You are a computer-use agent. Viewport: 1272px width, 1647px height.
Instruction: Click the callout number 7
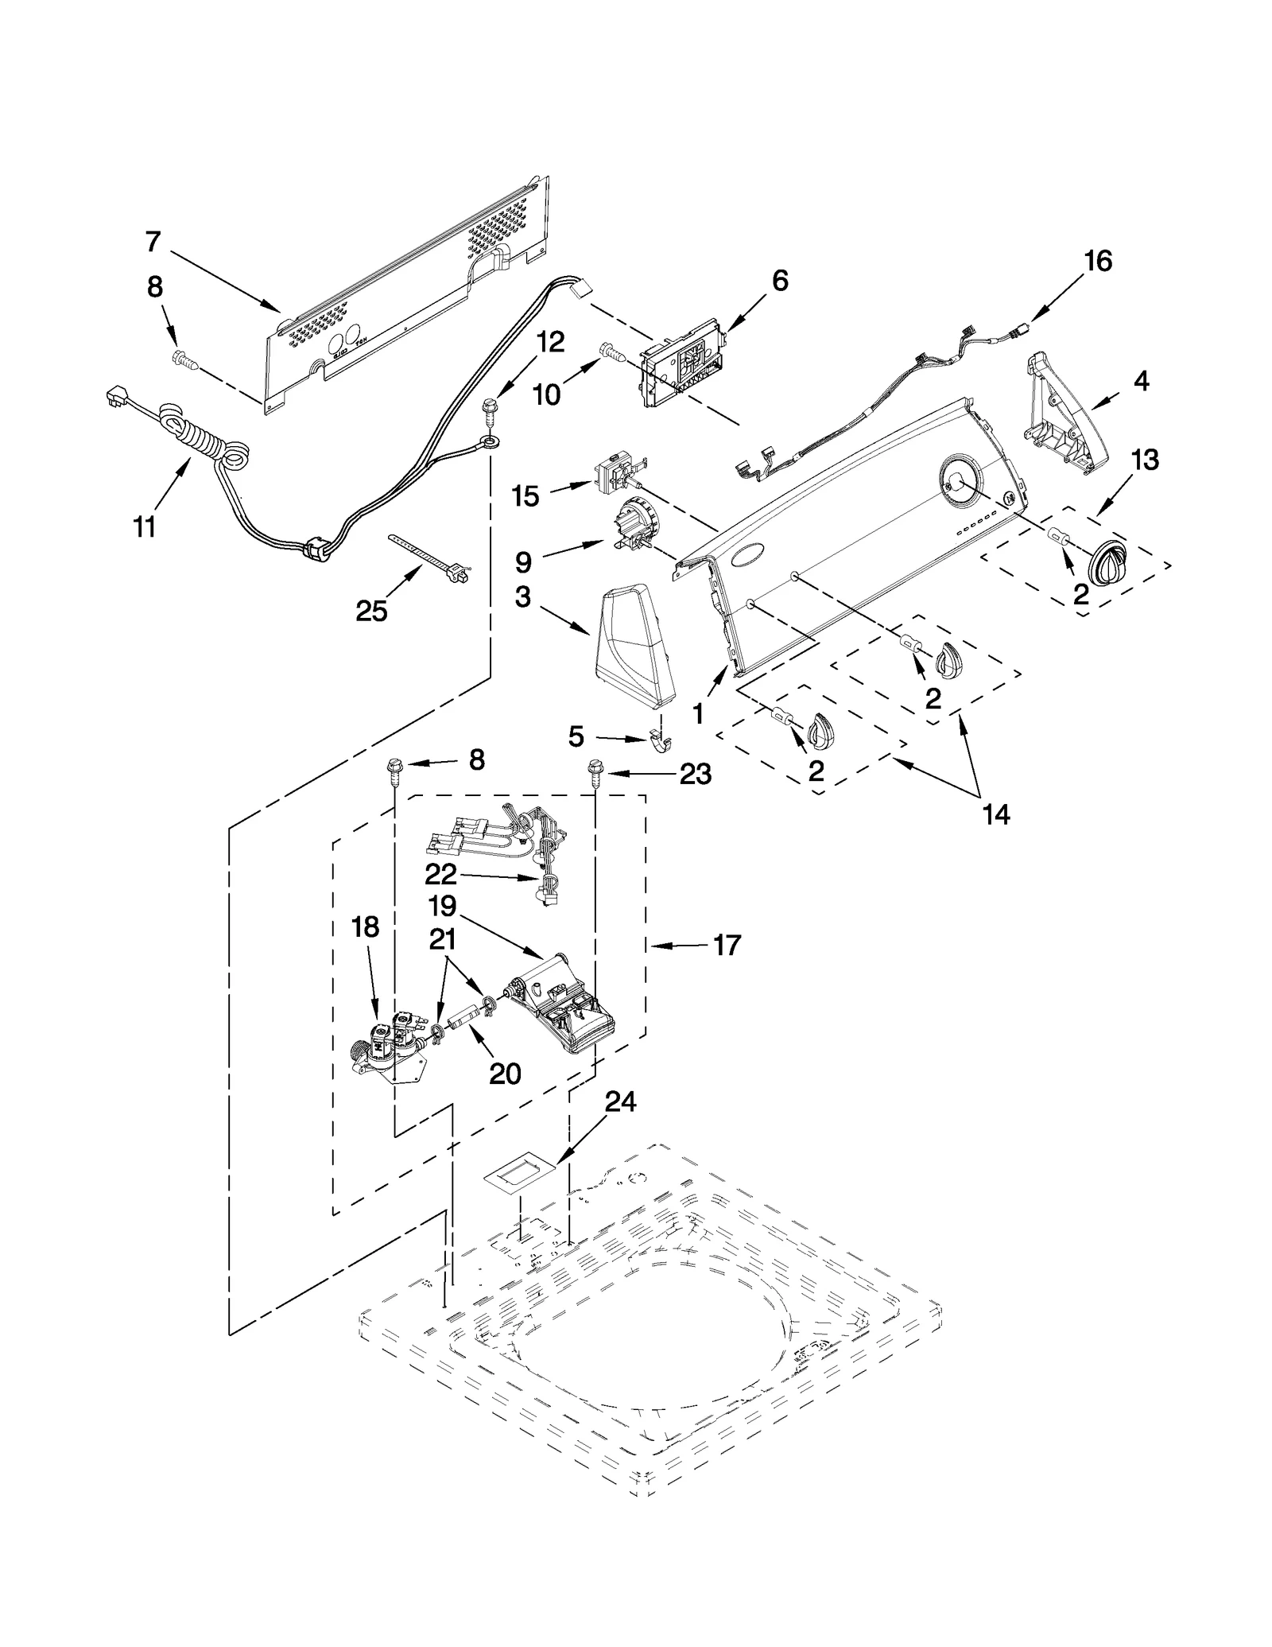point(153,241)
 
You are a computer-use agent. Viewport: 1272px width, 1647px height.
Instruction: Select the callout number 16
point(1098,262)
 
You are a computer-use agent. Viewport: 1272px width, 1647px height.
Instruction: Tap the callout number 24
point(620,1102)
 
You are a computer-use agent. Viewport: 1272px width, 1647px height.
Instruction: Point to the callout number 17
point(726,946)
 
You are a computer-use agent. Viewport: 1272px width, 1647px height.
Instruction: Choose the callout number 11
point(144,526)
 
